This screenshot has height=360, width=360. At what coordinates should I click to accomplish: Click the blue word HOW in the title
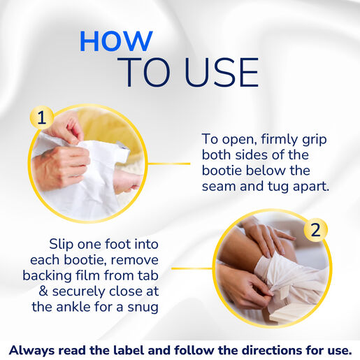click(x=116, y=41)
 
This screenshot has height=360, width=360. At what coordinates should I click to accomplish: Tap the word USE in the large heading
click(x=222, y=73)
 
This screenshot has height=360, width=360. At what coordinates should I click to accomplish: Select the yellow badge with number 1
click(x=42, y=117)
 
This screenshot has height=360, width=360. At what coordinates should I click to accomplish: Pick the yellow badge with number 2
click(x=315, y=230)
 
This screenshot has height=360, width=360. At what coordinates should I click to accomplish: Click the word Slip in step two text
click(x=62, y=245)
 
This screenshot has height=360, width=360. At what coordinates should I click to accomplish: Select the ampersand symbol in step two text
click(x=43, y=291)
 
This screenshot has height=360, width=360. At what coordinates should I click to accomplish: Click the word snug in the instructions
click(x=143, y=308)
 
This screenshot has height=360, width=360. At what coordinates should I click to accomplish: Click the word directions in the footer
click(x=265, y=350)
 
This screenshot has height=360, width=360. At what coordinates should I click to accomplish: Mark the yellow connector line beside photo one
click(x=169, y=164)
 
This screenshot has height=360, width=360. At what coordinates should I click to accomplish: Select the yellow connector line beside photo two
click(x=192, y=268)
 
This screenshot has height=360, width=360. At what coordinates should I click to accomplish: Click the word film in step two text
click(x=89, y=275)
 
